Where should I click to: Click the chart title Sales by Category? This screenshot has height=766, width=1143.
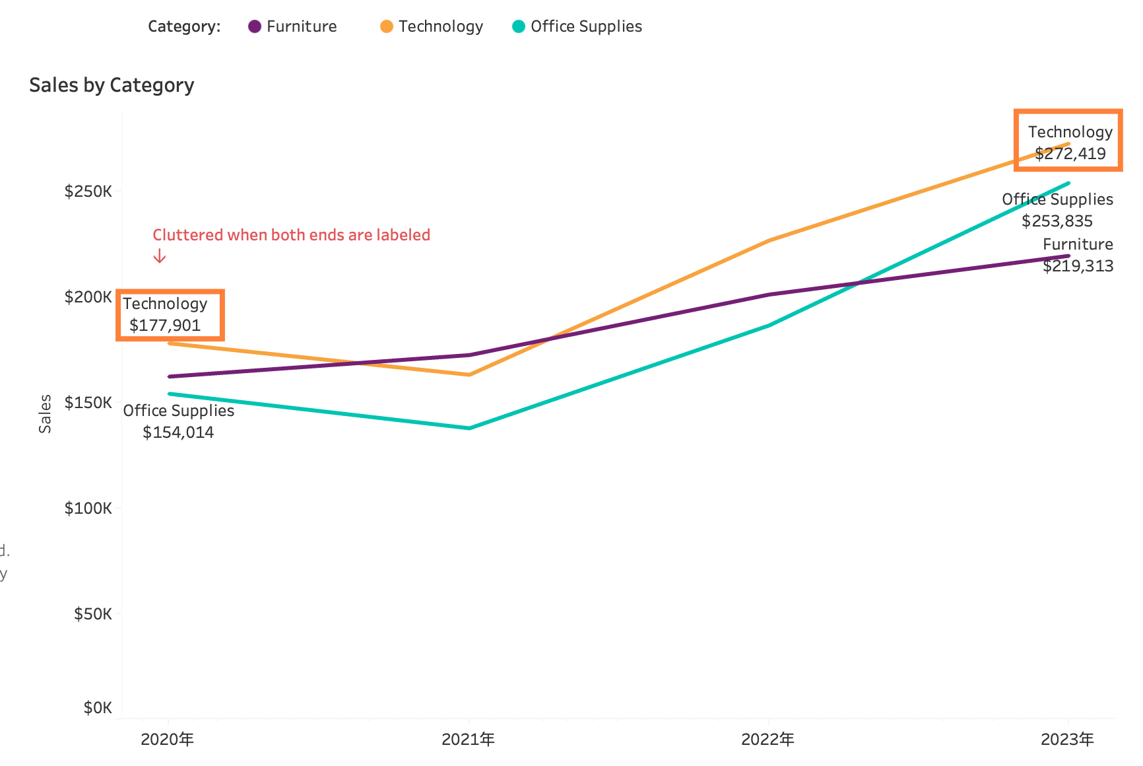tap(112, 85)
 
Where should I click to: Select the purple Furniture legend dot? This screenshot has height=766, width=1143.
tap(255, 26)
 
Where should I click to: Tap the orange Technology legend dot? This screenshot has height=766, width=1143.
tap(387, 26)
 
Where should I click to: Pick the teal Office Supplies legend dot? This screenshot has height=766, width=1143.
tap(519, 26)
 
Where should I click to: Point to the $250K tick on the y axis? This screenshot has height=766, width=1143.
tap(88, 191)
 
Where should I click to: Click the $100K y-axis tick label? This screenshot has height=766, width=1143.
tap(88, 508)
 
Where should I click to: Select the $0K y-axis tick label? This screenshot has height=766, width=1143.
tap(98, 708)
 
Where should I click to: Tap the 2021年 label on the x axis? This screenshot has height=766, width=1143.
tap(469, 739)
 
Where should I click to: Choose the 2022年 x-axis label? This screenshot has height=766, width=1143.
tap(768, 739)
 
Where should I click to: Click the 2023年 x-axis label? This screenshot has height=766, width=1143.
tap(1068, 739)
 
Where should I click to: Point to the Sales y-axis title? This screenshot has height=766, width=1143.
tap(45, 413)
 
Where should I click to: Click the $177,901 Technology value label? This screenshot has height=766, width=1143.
tap(165, 325)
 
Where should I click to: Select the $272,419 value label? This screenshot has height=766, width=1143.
tap(1070, 154)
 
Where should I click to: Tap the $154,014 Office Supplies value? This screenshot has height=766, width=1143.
tap(178, 433)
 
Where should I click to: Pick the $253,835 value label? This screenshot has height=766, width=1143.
tap(1057, 221)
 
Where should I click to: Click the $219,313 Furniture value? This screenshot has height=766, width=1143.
tap(1078, 266)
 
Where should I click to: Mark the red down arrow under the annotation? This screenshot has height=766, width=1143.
tap(160, 256)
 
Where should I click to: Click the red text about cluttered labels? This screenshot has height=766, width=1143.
tap(292, 235)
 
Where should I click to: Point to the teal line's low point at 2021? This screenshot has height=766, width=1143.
tap(469, 428)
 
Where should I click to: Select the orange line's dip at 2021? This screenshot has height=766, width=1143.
tap(469, 374)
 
